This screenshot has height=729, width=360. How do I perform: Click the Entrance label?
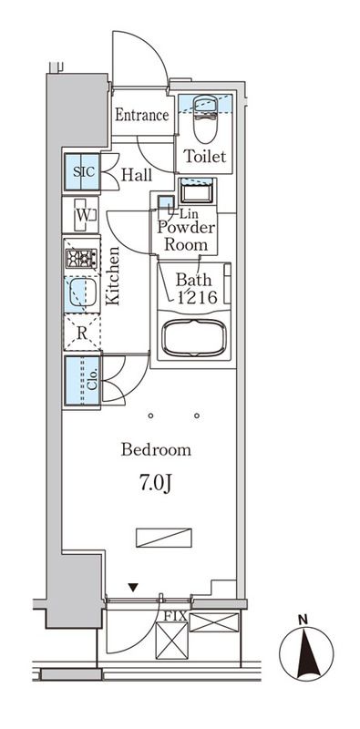tap(141, 116)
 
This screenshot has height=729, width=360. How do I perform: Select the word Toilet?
tap(204, 157)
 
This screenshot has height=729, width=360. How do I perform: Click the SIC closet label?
tap(81, 171)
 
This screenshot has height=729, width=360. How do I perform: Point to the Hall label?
tap(138, 174)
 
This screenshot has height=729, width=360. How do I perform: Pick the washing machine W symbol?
tap(82, 215)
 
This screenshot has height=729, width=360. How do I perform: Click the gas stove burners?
tap(81, 258)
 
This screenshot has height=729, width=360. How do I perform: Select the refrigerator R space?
tap(81, 334)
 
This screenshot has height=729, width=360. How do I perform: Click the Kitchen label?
tap(113, 277)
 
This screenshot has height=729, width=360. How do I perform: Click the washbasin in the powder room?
tap(196, 192)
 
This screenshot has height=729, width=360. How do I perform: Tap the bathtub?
tap(194, 336)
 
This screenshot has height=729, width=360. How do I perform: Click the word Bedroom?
tap(156, 449)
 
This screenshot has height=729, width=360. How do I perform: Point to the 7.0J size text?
tap(156, 481)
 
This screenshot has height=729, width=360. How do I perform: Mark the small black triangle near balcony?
tap(135, 588)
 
